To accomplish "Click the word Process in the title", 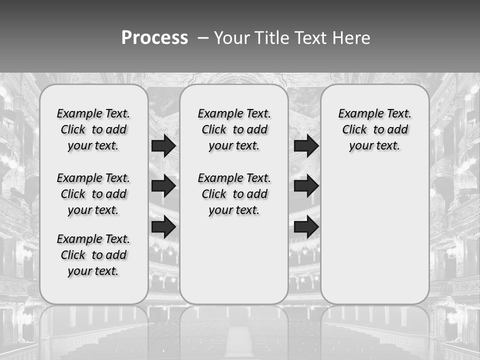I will coord(154,37).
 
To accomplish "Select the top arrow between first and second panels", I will coord(163,145).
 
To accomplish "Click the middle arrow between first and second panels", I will coord(163,186).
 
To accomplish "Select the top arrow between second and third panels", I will coord(306,145).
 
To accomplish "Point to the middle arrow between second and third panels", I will coord(306,186).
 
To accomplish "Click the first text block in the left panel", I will coord(93,129).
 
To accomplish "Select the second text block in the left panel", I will coord(93,194).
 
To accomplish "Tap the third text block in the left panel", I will coord(93,255).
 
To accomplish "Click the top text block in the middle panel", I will coord(234,129).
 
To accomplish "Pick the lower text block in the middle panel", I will coord(234,194).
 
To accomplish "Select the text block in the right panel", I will coord(375,129).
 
